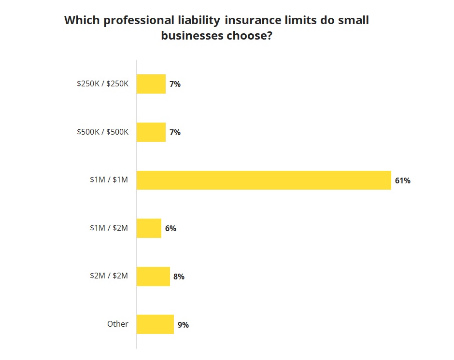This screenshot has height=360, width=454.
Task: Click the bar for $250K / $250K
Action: (x=151, y=84)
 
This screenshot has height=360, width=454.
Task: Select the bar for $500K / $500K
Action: (x=151, y=132)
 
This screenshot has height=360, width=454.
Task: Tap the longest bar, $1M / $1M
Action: (x=264, y=180)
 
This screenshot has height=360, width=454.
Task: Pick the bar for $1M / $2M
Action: (x=149, y=228)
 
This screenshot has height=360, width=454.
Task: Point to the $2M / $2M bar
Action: (x=153, y=277)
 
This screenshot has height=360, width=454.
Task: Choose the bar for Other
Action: (x=155, y=324)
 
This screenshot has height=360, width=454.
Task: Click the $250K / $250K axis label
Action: (x=103, y=83)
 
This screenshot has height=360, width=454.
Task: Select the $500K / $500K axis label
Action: (x=103, y=132)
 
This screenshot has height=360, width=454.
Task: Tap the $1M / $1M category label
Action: (x=109, y=180)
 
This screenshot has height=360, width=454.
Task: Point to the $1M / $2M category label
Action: (x=109, y=228)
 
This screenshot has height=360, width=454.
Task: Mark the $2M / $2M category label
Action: (x=109, y=276)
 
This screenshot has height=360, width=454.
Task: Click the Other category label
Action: (x=118, y=324)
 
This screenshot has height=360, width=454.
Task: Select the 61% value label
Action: (x=402, y=181)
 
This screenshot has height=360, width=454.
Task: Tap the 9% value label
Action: (x=183, y=325)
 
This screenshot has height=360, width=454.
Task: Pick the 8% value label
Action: (x=179, y=277)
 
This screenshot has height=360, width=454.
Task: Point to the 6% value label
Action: (x=170, y=229)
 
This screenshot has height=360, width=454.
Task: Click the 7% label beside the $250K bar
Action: (x=175, y=84)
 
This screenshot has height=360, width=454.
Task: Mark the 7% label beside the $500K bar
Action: (x=175, y=132)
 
